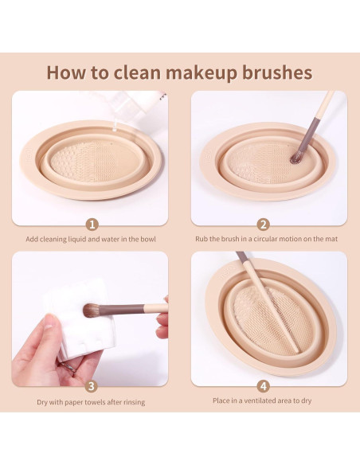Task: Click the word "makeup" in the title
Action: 202,72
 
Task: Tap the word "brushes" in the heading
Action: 277,72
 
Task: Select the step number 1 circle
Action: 92,225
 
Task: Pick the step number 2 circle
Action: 263,225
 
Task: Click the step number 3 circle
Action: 92,386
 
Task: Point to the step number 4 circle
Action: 264,386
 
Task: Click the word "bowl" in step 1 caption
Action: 147,239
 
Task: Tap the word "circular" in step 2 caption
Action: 266,239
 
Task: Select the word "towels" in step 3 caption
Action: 96,402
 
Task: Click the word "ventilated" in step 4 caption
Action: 259,401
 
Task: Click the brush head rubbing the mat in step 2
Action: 296,158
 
